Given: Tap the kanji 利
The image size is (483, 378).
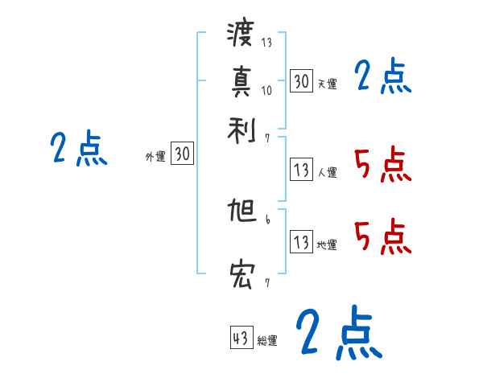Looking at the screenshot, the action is [x=241, y=127].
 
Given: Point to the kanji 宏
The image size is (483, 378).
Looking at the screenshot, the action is [x=241, y=276].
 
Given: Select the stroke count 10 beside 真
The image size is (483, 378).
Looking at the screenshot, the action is [x=267, y=90].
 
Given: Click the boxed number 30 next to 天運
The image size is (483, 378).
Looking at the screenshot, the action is [x=301, y=80].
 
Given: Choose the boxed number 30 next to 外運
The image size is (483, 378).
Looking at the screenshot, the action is [x=183, y=154].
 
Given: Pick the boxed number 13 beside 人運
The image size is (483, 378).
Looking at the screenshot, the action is [x=301, y=170].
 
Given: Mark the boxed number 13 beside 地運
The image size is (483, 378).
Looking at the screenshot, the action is [x=301, y=242].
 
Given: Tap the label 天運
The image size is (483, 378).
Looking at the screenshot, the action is [x=327, y=84].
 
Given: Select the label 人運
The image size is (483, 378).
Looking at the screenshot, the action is [x=327, y=172].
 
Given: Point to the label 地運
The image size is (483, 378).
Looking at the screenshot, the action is [x=327, y=244].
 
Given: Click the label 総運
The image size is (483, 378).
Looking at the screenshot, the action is [x=267, y=341].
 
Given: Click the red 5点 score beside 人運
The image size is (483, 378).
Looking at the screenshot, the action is [x=382, y=164].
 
